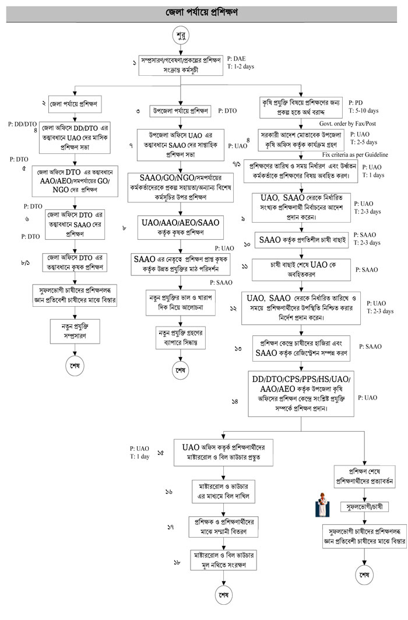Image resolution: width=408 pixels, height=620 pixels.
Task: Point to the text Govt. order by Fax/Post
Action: [344, 124]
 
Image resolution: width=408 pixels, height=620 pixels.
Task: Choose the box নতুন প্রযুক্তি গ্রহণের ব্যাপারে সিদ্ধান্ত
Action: [181, 337]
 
